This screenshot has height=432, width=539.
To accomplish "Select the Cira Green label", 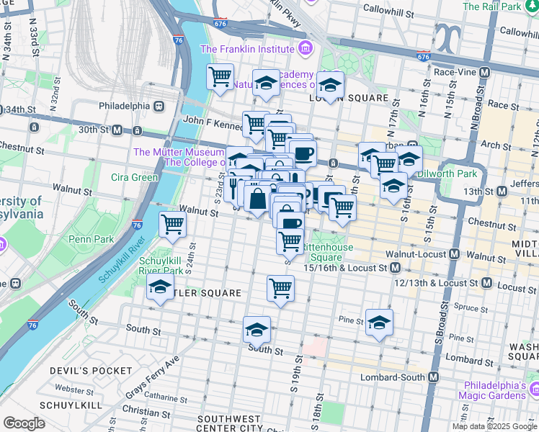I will tap(134, 177).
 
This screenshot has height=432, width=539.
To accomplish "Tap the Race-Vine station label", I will tap(456, 72).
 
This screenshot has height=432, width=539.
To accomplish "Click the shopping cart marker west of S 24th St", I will tap(173, 225).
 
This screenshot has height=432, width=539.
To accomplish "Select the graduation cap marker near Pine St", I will tap(378, 323).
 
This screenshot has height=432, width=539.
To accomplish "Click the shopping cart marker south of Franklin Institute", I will tap(220, 76).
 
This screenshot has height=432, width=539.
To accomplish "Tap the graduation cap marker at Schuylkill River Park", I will tap(160, 288).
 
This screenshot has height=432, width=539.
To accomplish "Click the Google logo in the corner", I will tap(24, 423).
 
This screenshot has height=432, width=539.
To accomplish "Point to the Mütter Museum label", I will tap(179, 152).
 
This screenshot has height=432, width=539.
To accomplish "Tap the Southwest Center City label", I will tap(229, 423).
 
